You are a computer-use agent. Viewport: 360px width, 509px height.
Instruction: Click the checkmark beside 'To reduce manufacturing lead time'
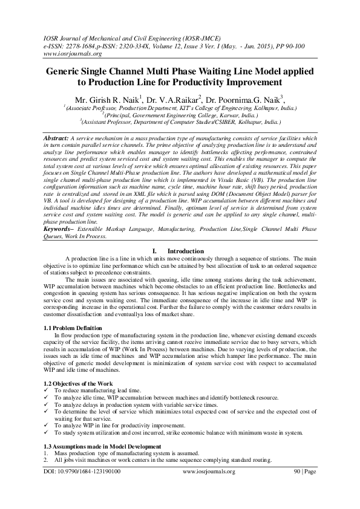(x=48, y=391)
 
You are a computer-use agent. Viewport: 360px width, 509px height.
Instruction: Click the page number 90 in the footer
(x=296, y=488)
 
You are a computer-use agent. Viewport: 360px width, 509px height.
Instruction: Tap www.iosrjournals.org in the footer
(x=208, y=488)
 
